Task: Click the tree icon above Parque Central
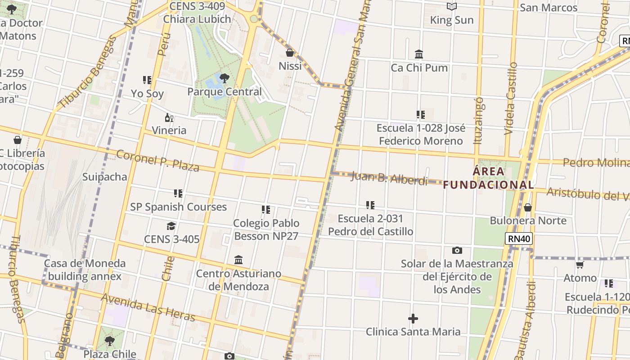224,78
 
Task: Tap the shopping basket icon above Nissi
290,53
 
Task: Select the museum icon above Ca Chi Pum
419,54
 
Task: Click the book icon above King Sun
452,6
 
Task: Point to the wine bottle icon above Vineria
169,118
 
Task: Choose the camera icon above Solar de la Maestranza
457,250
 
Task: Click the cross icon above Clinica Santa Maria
413,319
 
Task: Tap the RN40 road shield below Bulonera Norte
519,238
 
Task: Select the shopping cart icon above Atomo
580,265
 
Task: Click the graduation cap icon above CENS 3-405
171,226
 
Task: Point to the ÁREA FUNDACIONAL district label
489,178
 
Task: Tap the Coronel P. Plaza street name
157,161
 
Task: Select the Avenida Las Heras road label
148,308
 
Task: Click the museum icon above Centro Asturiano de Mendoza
238,260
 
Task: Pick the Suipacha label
105,177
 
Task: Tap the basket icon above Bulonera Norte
528,207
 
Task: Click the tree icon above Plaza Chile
109,341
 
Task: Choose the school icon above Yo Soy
147,80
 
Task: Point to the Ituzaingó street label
478,121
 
